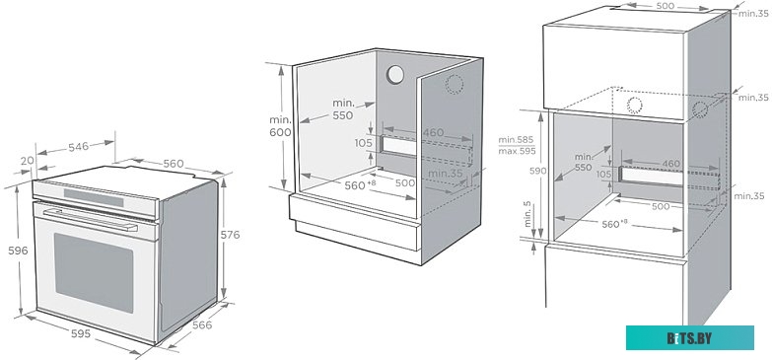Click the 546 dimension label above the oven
tap(78, 146)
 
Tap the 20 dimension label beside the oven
tap(28, 160)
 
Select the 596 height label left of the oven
tap(18, 251)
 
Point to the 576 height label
tap(230, 235)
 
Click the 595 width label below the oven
tap(81, 333)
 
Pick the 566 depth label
tap(202, 325)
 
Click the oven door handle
tap(91, 220)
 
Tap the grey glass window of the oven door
tap(94, 272)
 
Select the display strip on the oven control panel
tap(94, 197)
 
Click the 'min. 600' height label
tap(280, 126)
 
